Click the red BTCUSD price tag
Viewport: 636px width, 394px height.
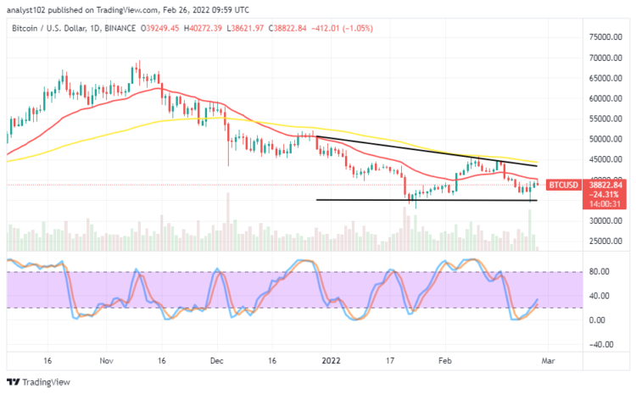pos(562,184)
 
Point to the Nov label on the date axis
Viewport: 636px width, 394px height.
pos(106,360)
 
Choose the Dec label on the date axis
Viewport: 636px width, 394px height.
pos(215,360)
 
